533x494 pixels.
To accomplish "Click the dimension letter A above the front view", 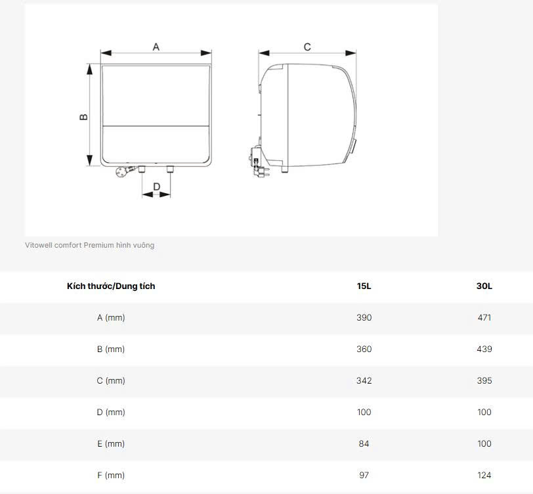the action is pos(156,47).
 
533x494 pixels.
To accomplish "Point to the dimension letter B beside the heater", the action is pos(83,117).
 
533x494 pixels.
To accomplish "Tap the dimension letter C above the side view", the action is pos(307,47).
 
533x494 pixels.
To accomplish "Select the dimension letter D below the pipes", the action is pos(156,187).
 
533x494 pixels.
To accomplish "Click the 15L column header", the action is pos(364,286).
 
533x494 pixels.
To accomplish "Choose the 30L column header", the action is pos(484,286).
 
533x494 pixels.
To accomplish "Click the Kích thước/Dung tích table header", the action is pos(111,286).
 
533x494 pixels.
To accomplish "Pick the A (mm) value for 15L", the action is pos(364,317).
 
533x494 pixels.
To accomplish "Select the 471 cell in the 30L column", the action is pos(484,317).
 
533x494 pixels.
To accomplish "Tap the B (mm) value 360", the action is pos(364,349).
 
